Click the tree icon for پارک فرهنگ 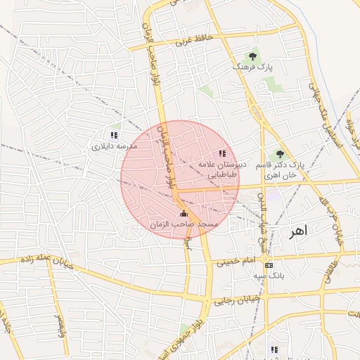[x=252, y=56]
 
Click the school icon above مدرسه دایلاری [x=114, y=135]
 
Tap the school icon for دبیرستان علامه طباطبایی [x=222, y=153]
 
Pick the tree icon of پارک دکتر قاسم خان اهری [x=280, y=153]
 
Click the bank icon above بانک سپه [x=269, y=265]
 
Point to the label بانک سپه [x=269, y=276]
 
